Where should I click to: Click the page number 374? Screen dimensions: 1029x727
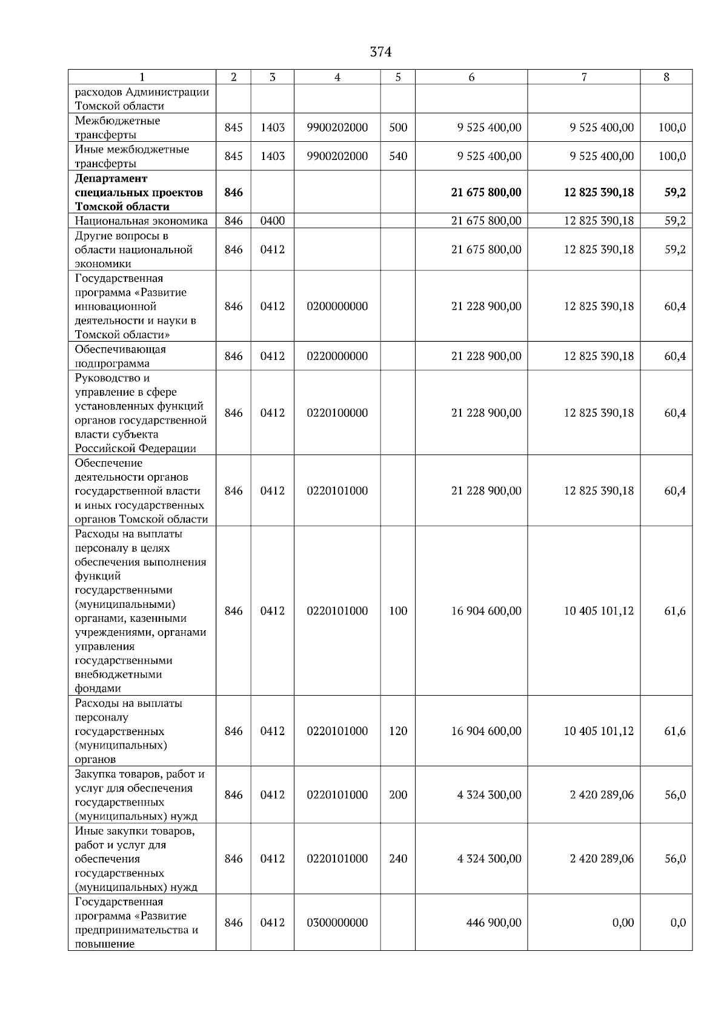point(380,52)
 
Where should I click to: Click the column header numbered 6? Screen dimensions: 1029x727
point(471,77)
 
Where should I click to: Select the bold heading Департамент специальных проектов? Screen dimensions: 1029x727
point(139,192)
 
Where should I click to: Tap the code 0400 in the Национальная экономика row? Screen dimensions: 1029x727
point(272,221)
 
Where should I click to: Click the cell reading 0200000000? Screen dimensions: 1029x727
point(337,306)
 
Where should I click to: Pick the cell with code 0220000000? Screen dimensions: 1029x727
point(337,356)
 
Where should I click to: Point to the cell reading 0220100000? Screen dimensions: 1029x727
point(337,413)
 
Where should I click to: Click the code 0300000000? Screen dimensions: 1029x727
point(337,922)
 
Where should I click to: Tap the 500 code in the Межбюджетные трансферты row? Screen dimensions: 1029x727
point(398,127)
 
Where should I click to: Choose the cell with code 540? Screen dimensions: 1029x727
point(398,156)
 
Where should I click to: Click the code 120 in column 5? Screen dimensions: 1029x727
point(398,731)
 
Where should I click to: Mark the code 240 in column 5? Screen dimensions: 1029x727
point(398,858)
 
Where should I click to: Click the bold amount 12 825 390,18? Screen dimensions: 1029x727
point(599,192)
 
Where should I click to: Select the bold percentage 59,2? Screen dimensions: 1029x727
point(675,192)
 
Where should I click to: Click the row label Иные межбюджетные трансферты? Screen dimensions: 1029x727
point(131,156)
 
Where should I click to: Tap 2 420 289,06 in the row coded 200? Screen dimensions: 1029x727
point(601,794)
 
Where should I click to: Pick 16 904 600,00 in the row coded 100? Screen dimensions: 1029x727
point(486,611)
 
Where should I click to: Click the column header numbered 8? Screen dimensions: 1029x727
point(666,77)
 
